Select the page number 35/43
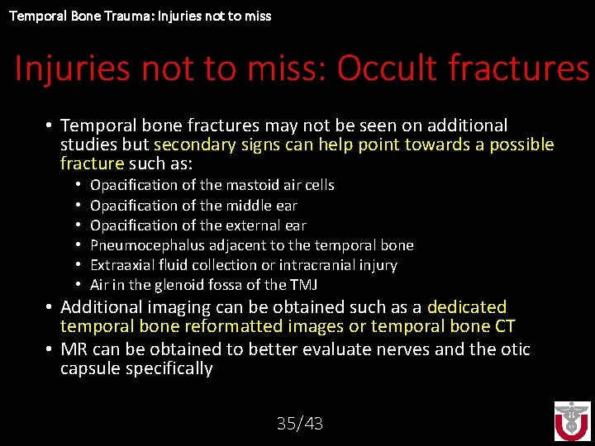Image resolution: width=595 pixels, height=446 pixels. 299,424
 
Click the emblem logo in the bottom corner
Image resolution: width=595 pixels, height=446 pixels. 572,420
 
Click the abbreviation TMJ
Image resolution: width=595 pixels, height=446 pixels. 303,285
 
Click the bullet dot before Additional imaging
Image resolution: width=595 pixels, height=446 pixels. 50,307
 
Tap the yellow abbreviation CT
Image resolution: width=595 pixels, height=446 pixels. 503,326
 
